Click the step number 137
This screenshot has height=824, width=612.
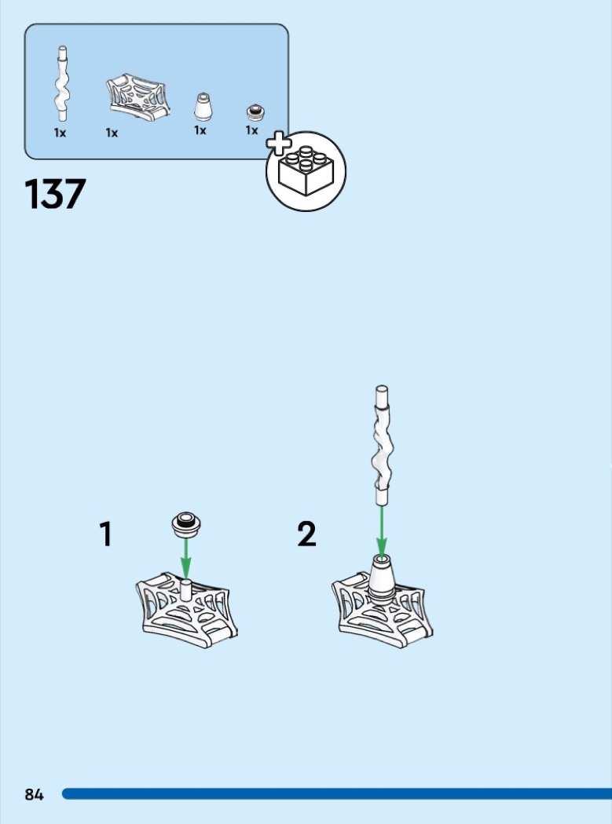click(55, 194)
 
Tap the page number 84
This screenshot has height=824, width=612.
click(35, 794)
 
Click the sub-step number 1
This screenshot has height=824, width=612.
click(106, 534)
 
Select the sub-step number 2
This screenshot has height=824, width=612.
click(307, 534)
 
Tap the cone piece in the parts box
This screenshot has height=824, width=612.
click(203, 107)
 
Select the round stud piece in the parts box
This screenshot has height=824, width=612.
click(256, 112)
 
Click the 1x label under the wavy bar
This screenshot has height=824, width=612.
click(60, 133)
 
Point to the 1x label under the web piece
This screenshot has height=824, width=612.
click(112, 133)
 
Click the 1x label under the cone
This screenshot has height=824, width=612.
click(200, 129)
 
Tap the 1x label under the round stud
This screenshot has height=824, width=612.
click(252, 129)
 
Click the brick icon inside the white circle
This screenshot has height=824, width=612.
click(306, 171)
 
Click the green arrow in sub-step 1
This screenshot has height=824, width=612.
click(185, 558)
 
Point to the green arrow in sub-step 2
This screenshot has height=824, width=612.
click(382, 530)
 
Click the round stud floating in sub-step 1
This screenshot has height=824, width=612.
click(187, 524)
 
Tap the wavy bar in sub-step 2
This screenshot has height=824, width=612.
click(383, 446)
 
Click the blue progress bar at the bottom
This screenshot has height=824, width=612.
click(337, 794)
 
